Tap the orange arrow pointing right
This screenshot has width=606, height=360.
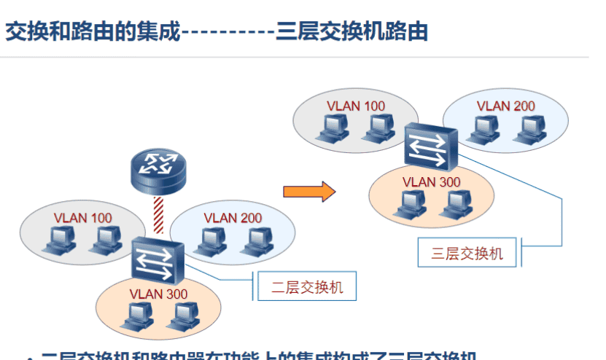pos(309,192)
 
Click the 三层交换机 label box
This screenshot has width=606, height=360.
pos(467,253)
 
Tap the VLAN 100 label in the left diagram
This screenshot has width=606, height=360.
pos(83,217)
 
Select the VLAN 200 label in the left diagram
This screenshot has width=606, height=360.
pos(233,217)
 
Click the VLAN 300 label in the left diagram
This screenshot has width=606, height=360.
pos(158,294)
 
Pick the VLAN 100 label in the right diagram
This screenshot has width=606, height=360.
pos(356,106)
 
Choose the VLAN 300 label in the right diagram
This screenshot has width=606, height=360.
pos(432,181)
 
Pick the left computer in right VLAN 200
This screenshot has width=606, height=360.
pos(483,128)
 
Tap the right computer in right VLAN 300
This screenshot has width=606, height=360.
pos(451,204)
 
